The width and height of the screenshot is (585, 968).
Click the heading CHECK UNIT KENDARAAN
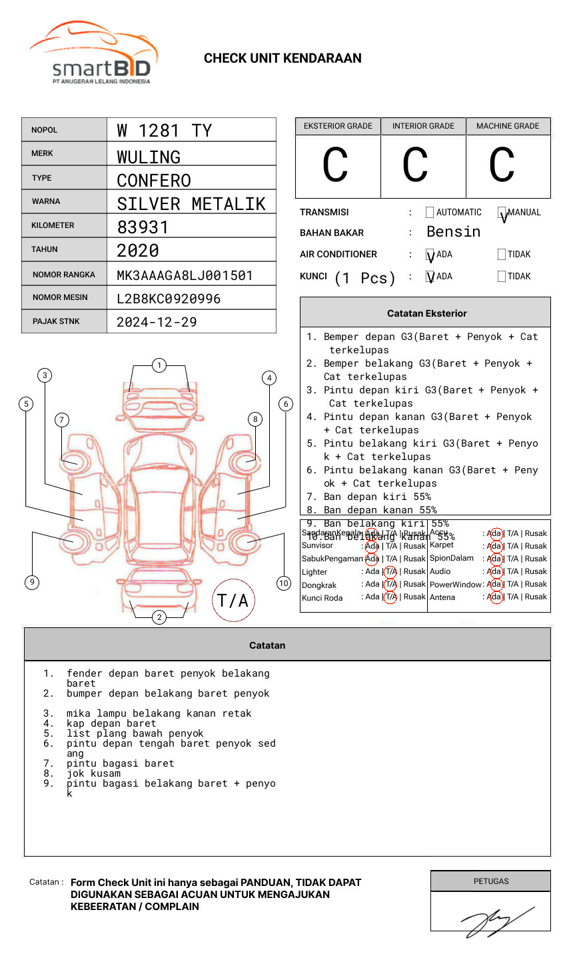[x=283, y=59]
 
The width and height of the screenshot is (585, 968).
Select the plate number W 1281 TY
[x=164, y=131]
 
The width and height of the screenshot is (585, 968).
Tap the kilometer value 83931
[x=143, y=227]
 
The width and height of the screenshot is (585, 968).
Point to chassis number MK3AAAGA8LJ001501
[x=185, y=275]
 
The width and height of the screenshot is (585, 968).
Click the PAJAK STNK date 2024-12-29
[x=157, y=322]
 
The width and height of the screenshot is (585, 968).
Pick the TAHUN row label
[x=45, y=249]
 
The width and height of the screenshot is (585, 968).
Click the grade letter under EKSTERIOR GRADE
[x=335, y=165]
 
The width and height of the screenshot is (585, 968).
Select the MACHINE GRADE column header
[x=508, y=126]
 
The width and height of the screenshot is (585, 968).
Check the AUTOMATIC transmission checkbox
[x=430, y=213]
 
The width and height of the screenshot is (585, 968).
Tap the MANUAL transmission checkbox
[x=502, y=213]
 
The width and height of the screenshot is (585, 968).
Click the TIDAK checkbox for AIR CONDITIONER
[x=502, y=255]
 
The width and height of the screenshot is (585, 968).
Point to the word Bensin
[x=453, y=232]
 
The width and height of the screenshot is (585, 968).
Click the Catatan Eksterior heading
[x=426, y=313]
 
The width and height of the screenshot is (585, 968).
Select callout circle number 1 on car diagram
[x=159, y=365]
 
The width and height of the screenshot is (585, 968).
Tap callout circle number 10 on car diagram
[x=284, y=583]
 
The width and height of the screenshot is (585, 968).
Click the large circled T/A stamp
[x=233, y=600]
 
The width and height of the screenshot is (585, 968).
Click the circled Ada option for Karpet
[x=494, y=546]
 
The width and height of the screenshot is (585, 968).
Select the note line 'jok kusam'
[x=93, y=773]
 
